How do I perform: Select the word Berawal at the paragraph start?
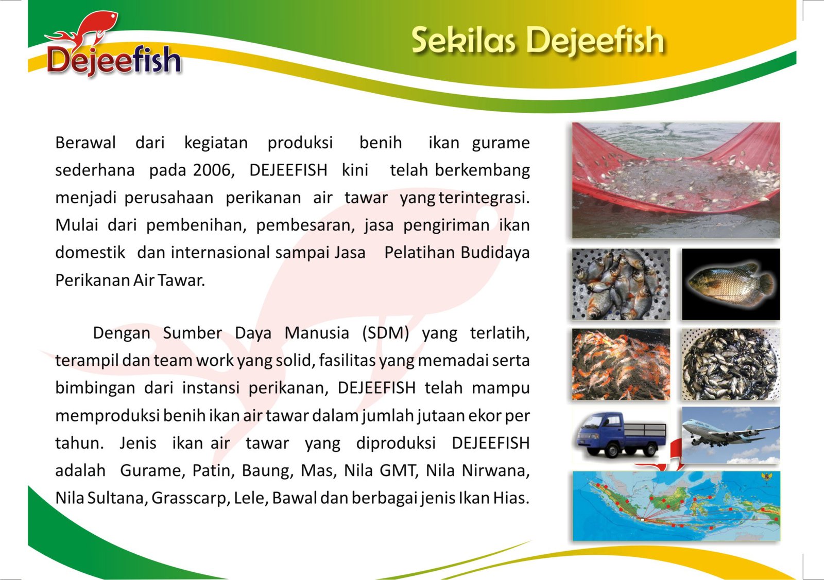[85, 143]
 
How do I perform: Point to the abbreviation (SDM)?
[386, 333]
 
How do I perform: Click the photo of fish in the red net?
[676, 180]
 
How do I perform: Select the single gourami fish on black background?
[731, 285]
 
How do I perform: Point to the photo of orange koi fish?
[621, 364]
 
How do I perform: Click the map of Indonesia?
[676, 506]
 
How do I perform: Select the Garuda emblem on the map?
[766, 478]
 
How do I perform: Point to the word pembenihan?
[196, 225]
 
